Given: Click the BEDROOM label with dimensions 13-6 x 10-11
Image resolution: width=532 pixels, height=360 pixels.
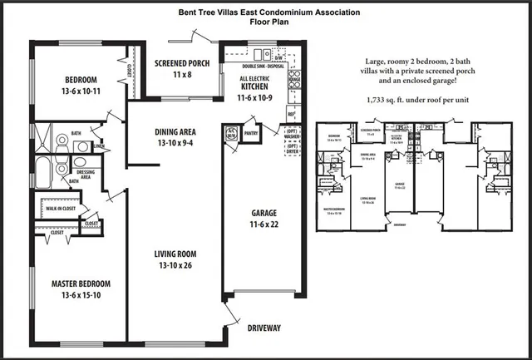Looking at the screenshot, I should [x=81, y=81].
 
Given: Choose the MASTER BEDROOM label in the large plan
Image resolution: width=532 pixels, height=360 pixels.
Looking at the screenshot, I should [x=81, y=284].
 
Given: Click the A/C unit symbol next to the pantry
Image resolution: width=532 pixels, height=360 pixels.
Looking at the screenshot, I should [x=232, y=133].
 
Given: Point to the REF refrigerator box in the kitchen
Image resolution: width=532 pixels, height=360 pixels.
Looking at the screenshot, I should [x=292, y=116].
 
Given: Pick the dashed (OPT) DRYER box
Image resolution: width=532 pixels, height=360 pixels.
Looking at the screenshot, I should [x=292, y=150].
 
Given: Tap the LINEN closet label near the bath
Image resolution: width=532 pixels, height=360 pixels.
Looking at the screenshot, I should [x=99, y=147].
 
